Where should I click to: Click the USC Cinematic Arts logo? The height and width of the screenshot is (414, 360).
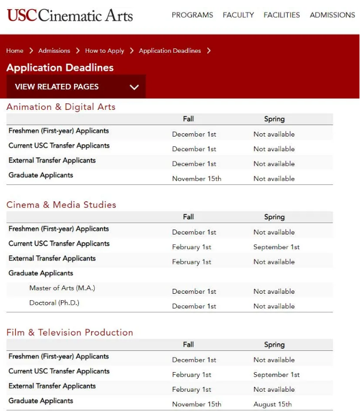(x=70, y=15)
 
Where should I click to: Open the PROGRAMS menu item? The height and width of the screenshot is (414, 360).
(x=193, y=15)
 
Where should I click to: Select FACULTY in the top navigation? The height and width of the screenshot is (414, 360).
(x=238, y=15)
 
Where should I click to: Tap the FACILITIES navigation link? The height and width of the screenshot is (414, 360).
(x=282, y=15)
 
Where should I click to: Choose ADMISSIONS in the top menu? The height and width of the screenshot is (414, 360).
(x=332, y=15)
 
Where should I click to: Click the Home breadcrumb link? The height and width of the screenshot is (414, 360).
(x=15, y=51)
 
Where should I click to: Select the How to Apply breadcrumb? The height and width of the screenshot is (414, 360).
(x=104, y=51)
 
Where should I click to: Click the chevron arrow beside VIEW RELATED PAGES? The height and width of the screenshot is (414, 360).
(x=134, y=87)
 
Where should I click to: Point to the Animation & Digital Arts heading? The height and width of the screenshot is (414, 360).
(x=61, y=107)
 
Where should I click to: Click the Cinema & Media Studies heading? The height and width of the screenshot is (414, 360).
(x=61, y=205)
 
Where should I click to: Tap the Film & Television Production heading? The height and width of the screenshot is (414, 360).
(x=70, y=332)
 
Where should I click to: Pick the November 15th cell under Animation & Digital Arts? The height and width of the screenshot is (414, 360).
(x=196, y=178)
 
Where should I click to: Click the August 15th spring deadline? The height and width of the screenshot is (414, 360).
(x=272, y=404)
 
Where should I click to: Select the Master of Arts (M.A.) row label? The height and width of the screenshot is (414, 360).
(x=62, y=288)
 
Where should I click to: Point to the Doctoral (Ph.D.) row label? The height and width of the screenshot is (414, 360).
(x=54, y=302)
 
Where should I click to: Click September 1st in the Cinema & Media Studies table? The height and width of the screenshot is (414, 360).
(x=276, y=247)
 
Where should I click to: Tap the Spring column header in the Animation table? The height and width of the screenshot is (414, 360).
(x=274, y=119)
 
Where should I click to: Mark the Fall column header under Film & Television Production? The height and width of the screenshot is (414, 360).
(x=188, y=344)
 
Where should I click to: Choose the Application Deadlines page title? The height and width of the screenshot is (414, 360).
(x=60, y=68)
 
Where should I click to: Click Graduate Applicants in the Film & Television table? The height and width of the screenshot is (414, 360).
(x=41, y=401)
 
